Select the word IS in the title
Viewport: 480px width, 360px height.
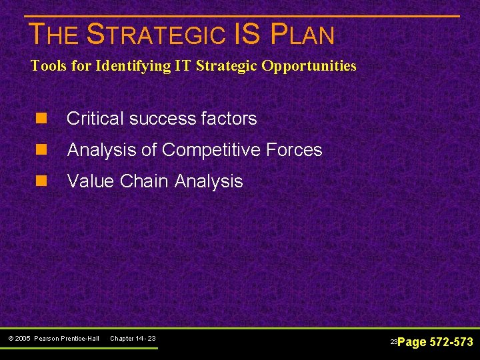tap(249, 35)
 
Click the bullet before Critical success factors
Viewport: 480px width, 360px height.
tap(41, 119)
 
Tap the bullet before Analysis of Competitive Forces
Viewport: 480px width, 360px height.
tap(41, 150)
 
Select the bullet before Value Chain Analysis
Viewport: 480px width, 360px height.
tap(41, 181)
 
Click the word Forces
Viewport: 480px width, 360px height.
tap(293, 150)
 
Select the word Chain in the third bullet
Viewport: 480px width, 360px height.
tap(143, 181)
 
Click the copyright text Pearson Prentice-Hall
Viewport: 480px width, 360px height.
tap(66, 339)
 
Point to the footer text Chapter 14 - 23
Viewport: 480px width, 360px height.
tap(133, 339)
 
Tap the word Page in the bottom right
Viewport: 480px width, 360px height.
tap(412, 342)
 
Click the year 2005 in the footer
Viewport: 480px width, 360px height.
tap(24, 339)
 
